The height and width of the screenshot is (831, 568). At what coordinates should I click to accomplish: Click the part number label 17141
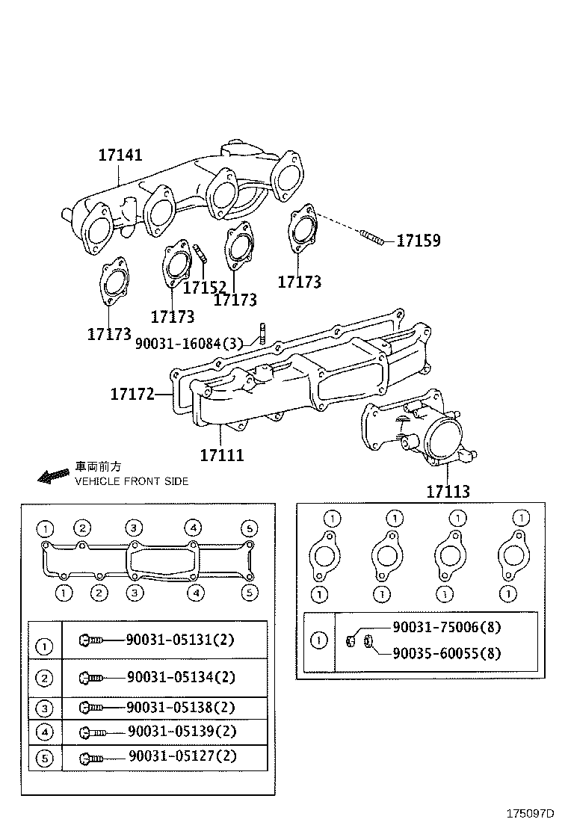click(120, 155)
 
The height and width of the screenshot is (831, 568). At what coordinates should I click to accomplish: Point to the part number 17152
click(205, 287)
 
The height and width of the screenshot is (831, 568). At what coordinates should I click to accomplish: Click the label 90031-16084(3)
click(189, 343)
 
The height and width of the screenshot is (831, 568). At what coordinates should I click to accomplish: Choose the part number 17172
click(132, 394)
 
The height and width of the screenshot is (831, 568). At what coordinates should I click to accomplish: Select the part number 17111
click(222, 454)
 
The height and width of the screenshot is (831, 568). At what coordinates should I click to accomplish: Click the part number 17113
click(448, 492)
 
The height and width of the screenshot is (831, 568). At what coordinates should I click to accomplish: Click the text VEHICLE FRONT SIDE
click(132, 481)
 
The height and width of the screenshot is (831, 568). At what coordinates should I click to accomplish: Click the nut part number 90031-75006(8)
click(446, 628)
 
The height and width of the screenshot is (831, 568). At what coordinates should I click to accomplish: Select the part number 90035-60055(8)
click(446, 653)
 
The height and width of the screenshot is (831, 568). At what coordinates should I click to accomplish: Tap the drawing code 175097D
click(530, 814)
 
